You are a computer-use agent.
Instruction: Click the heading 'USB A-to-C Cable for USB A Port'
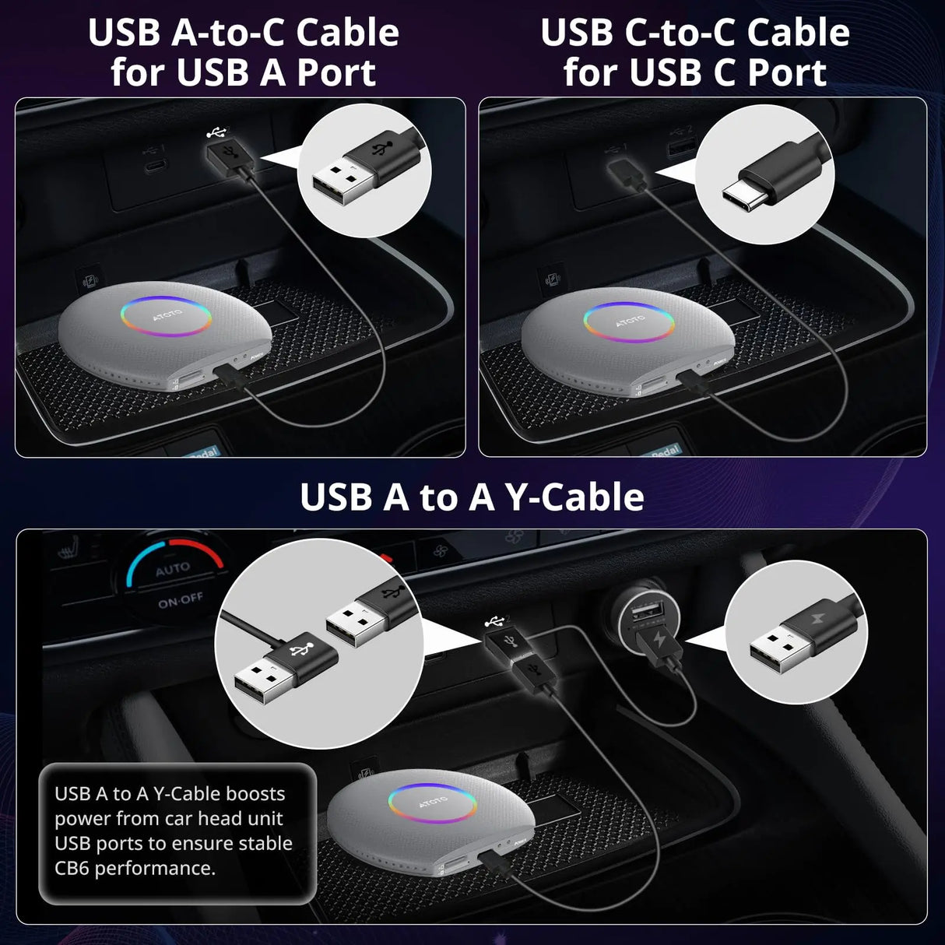point(243,52)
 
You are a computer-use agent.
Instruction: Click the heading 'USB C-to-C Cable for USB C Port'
point(694,52)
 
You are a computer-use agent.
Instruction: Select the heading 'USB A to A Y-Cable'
point(472,497)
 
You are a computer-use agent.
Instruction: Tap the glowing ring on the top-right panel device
point(627,321)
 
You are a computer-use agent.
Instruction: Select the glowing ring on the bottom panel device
point(433,803)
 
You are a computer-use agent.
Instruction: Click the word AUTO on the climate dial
point(172,570)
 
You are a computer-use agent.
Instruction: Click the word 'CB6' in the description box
point(74,868)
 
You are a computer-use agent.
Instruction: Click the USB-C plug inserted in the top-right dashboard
point(625,173)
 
